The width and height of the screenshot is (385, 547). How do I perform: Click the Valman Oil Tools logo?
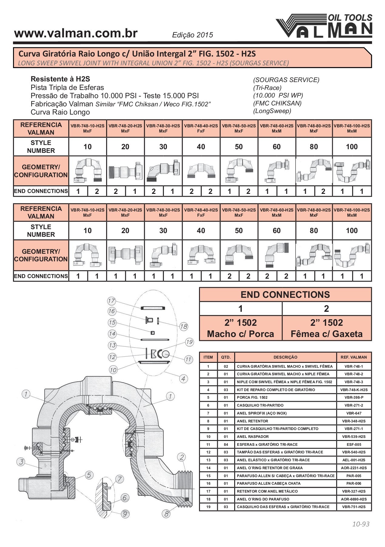(324, 26)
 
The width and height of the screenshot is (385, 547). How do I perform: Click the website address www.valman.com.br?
(76, 33)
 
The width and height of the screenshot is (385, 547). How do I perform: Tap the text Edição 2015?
(193, 35)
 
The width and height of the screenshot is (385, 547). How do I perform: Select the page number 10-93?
(361, 524)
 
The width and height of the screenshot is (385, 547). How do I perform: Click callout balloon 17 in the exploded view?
(111, 301)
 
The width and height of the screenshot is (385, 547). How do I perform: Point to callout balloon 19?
(189, 342)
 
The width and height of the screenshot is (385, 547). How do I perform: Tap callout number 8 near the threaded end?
(166, 514)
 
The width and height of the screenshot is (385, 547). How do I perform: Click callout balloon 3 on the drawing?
(21, 462)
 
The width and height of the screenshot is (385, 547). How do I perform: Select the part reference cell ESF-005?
(354, 445)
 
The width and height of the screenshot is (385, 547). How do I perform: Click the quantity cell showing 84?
(226, 445)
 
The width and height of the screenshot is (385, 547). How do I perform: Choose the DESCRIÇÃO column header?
(285, 357)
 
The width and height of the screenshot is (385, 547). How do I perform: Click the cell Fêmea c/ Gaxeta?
(327, 334)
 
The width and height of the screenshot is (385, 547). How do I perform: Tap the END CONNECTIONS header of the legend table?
(285, 294)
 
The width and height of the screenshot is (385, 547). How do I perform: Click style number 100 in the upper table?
(352, 147)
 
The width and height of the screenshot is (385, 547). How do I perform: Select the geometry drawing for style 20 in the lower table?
(125, 255)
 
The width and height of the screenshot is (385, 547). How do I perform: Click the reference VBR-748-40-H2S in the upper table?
(201, 126)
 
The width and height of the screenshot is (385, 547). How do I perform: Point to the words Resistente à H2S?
(60, 79)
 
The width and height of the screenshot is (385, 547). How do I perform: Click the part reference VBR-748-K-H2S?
(354, 390)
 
